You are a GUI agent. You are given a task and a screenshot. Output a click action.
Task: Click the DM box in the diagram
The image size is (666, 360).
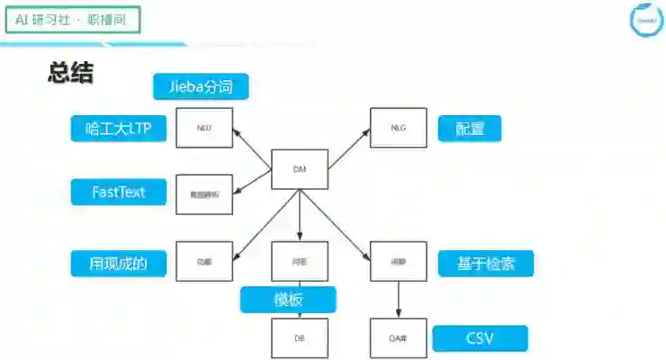click(300, 168)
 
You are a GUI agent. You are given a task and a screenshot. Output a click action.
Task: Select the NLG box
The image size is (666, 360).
click(399, 128)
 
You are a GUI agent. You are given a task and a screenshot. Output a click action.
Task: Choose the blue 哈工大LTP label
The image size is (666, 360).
click(118, 129)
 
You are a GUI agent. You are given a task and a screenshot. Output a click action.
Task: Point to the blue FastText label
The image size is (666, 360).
click(118, 192)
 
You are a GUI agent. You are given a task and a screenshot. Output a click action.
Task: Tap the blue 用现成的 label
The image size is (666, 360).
click(118, 263)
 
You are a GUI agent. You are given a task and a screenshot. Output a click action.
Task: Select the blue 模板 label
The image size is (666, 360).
click(288, 300)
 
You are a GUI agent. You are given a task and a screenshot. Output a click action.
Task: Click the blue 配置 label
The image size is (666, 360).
click(470, 129)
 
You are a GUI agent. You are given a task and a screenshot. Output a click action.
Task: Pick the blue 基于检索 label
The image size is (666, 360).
click(486, 263)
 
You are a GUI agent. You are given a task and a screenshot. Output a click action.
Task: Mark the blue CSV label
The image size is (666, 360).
click(480, 338)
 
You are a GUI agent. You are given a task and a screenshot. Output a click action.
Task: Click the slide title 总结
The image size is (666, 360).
click(70, 74)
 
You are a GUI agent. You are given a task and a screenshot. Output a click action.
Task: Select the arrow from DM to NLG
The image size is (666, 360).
click(348, 147)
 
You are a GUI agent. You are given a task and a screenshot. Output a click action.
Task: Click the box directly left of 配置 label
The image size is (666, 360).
click(399, 128)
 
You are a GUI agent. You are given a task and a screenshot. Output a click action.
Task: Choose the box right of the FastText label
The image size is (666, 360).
click(204, 193)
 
